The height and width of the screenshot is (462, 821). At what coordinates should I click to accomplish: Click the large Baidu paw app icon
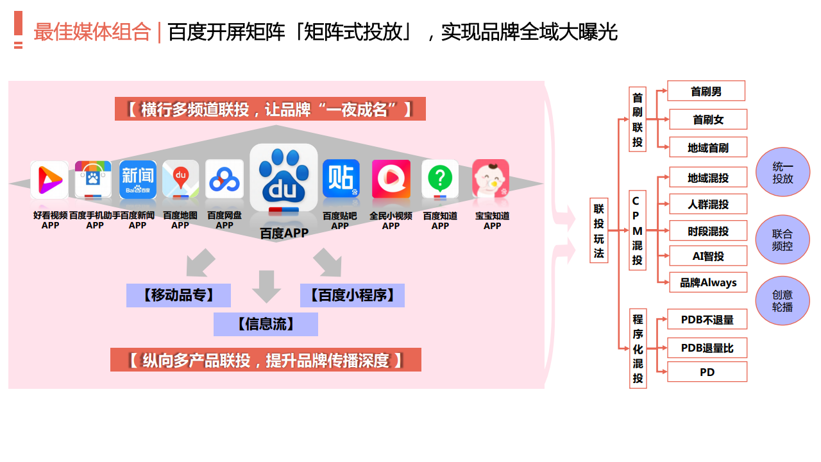point(284,178)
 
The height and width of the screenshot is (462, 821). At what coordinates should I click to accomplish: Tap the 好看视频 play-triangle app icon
point(49,180)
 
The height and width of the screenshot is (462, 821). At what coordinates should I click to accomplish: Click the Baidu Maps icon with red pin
point(181,179)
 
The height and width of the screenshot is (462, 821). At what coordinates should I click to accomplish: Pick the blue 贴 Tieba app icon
point(341,178)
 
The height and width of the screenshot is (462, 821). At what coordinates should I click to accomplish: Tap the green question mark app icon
point(440,179)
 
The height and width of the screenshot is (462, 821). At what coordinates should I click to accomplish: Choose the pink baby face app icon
point(491,178)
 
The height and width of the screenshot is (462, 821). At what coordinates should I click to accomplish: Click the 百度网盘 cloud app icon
point(224,179)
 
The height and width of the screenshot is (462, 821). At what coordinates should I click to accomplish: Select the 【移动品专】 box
point(178,295)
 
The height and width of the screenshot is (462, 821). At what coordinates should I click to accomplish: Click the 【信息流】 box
point(266,324)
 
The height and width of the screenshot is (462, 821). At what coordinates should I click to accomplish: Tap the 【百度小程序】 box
point(352,295)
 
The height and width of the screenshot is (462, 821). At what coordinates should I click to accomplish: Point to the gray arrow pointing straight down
point(266,286)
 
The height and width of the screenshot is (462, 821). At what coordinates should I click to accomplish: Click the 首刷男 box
point(706,91)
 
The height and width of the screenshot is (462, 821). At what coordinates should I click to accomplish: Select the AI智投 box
point(708,256)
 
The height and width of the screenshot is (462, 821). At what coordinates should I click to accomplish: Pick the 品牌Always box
point(708,282)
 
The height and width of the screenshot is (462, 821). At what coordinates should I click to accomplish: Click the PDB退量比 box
point(707,348)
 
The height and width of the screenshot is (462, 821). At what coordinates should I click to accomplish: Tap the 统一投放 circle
point(783,172)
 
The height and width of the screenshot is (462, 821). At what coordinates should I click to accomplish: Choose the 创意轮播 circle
point(783,301)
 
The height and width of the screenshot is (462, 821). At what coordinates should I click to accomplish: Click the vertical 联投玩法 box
point(599,230)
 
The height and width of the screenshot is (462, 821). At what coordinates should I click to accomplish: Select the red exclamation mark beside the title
point(19,30)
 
